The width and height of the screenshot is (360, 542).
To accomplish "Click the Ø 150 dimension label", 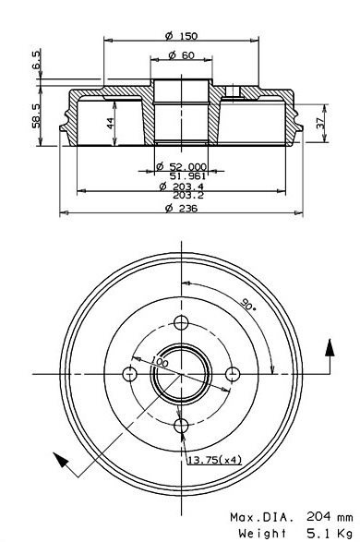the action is point(181,36).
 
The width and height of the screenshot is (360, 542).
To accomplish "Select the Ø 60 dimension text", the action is point(182,55).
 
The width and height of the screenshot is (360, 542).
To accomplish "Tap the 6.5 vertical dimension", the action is point(37,59).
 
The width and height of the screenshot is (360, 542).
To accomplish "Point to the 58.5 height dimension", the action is point(37,115).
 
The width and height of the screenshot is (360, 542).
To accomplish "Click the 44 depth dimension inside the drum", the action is point(111,124).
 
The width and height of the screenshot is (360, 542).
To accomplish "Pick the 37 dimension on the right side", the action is point(321,124).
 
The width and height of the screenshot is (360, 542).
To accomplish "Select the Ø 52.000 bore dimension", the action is point(181,166).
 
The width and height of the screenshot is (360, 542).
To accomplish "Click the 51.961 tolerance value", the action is point(188,175).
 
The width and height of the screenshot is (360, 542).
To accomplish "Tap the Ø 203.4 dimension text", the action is point(182,187).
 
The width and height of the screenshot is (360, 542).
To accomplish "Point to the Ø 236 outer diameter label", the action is point(181,208).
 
